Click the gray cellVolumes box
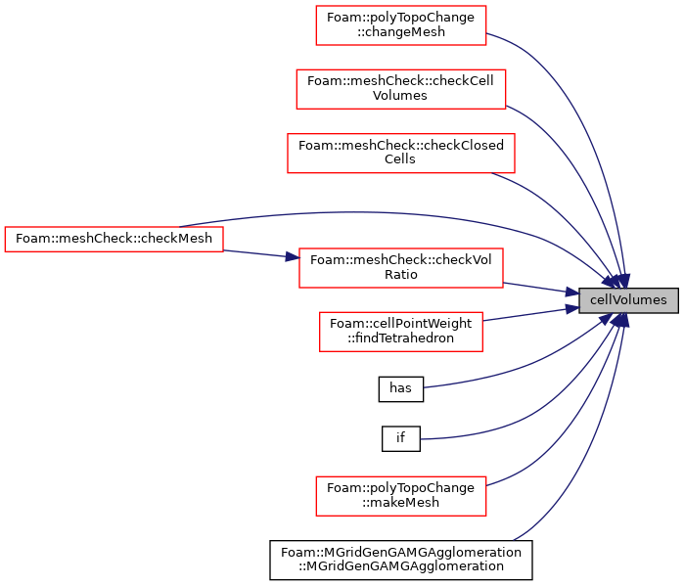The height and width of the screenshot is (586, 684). point(628,300)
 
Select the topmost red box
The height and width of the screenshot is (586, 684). point(400,25)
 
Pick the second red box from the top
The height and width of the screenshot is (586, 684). point(400,89)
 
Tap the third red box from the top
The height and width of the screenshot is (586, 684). point(400,154)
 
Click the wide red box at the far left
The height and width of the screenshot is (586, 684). point(114,239)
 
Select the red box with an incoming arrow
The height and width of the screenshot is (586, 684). point(400,268)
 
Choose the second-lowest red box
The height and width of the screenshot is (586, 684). point(400,332)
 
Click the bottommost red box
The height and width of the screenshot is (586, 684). point(400,496)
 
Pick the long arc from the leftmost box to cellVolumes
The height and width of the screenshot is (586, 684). point(391,212)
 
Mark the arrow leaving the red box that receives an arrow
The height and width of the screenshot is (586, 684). point(538,288)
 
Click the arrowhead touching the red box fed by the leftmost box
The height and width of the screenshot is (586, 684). point(292,257)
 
